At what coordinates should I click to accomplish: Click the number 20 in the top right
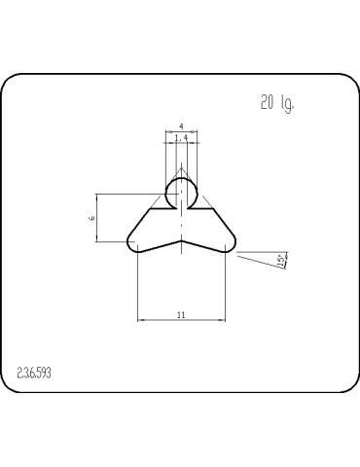point(268,104)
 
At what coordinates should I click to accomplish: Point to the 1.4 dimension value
point(181,139)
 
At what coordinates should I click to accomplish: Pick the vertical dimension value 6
point(91,219)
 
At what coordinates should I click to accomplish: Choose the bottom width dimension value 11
point(182,312)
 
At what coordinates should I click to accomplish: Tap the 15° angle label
point(281,261)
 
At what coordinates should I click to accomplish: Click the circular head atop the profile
point(181,192)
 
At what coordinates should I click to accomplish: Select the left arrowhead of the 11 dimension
point(140,318)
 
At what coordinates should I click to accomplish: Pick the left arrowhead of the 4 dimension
point(166,132)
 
